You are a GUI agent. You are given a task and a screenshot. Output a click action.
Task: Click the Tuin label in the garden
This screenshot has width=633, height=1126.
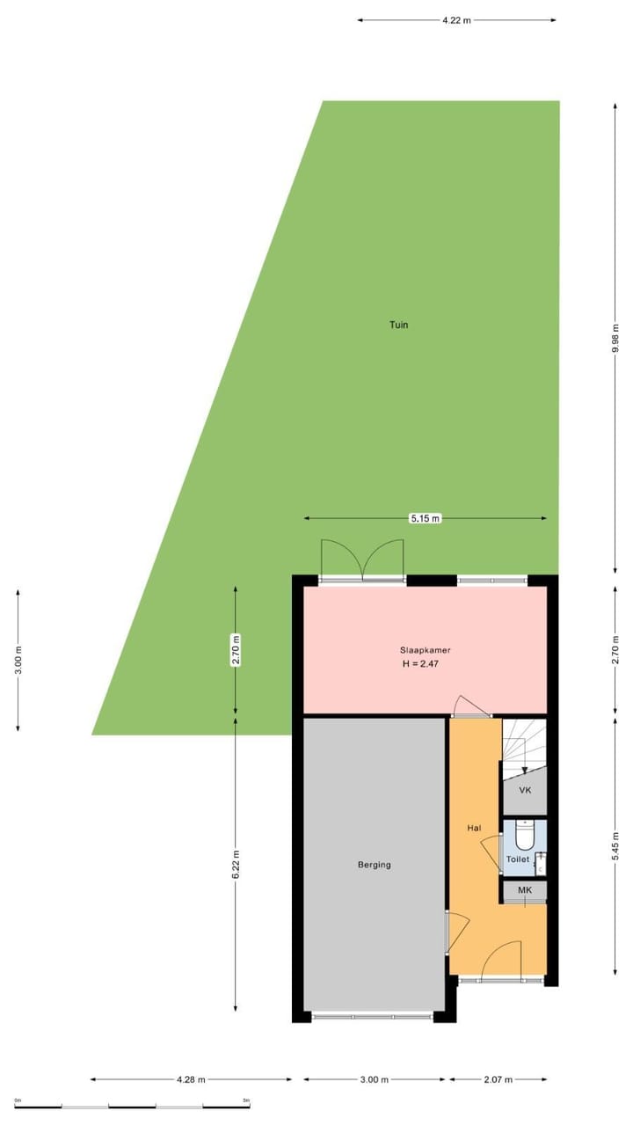(x=398, y=325)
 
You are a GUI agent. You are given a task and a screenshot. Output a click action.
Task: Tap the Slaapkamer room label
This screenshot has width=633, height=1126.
(x=419, y=651)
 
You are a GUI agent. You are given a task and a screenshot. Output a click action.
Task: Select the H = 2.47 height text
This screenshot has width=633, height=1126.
(x=420, y=664)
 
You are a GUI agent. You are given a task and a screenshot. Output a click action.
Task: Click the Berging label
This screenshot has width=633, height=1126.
(x=375, y=865)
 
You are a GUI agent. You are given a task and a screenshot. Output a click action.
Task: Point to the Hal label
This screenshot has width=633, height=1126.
(x=474, y=828)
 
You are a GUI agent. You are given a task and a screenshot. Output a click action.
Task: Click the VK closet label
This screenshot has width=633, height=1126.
(x=525, y=790)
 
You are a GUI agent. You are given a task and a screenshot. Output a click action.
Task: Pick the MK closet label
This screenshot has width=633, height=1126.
(x=525, y=890)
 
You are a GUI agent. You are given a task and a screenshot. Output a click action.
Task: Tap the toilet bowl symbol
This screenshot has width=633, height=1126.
(x=524, y=833)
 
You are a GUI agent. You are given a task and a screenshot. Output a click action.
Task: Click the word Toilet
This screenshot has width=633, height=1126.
(x=518, y=859)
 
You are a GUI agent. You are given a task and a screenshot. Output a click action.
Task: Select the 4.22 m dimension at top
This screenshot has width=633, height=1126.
(x=456, y=19)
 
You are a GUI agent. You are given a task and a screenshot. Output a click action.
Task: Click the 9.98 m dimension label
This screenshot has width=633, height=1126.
(x=615, y=338)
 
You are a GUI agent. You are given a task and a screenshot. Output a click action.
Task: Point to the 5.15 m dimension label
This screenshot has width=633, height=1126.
(x=425, y=519)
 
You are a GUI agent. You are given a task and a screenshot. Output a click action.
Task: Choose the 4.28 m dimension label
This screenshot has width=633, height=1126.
(x=191, y=1079)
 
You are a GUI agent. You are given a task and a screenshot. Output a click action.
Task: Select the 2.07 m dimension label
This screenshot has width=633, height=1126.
(x=498, y=1079)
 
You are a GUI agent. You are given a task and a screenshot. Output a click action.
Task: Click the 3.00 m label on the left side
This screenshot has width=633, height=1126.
(x=18, y=660)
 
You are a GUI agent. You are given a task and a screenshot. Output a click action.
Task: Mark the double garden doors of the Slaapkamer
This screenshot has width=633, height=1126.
(x=362, y=559)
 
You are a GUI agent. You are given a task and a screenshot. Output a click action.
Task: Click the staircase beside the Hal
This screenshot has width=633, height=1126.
(x=524, y=743)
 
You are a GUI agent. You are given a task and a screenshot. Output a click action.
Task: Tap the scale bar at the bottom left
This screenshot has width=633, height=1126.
(x=132, y=1105)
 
